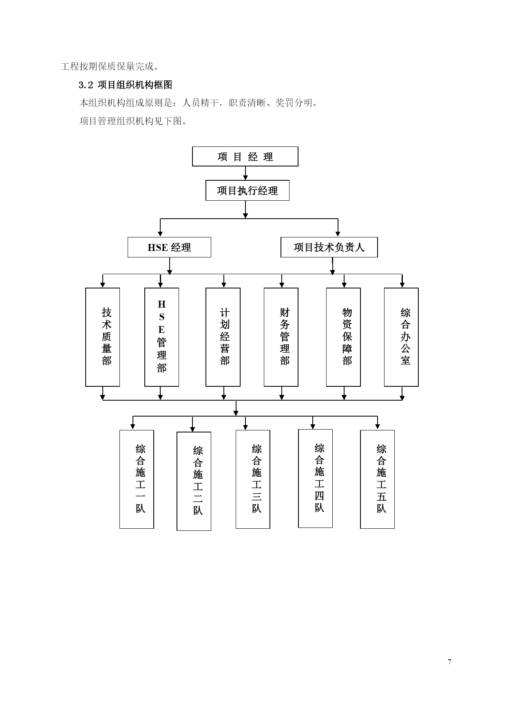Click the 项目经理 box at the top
pos(245,156)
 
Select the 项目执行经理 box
pos(247,191)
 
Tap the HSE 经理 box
pos(169,247)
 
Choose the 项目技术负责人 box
pos(329,247)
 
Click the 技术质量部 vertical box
pos(103,337)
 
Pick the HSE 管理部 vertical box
pos(162,337)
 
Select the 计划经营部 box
pos(223,337)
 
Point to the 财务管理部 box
pos(281,337)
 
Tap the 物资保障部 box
pos(343,337)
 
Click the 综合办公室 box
pos(401,337)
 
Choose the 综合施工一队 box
pos(137,479)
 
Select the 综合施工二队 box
pos(194,481)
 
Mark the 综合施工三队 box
pos(253,479)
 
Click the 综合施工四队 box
pos(316,479)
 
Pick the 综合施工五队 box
pos(378,479)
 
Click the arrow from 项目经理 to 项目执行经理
pos(245,173)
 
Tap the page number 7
pos(450,662)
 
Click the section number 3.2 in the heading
pos(86,85)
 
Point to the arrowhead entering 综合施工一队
pos(133,427)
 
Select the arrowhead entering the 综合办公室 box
pos(402,284)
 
